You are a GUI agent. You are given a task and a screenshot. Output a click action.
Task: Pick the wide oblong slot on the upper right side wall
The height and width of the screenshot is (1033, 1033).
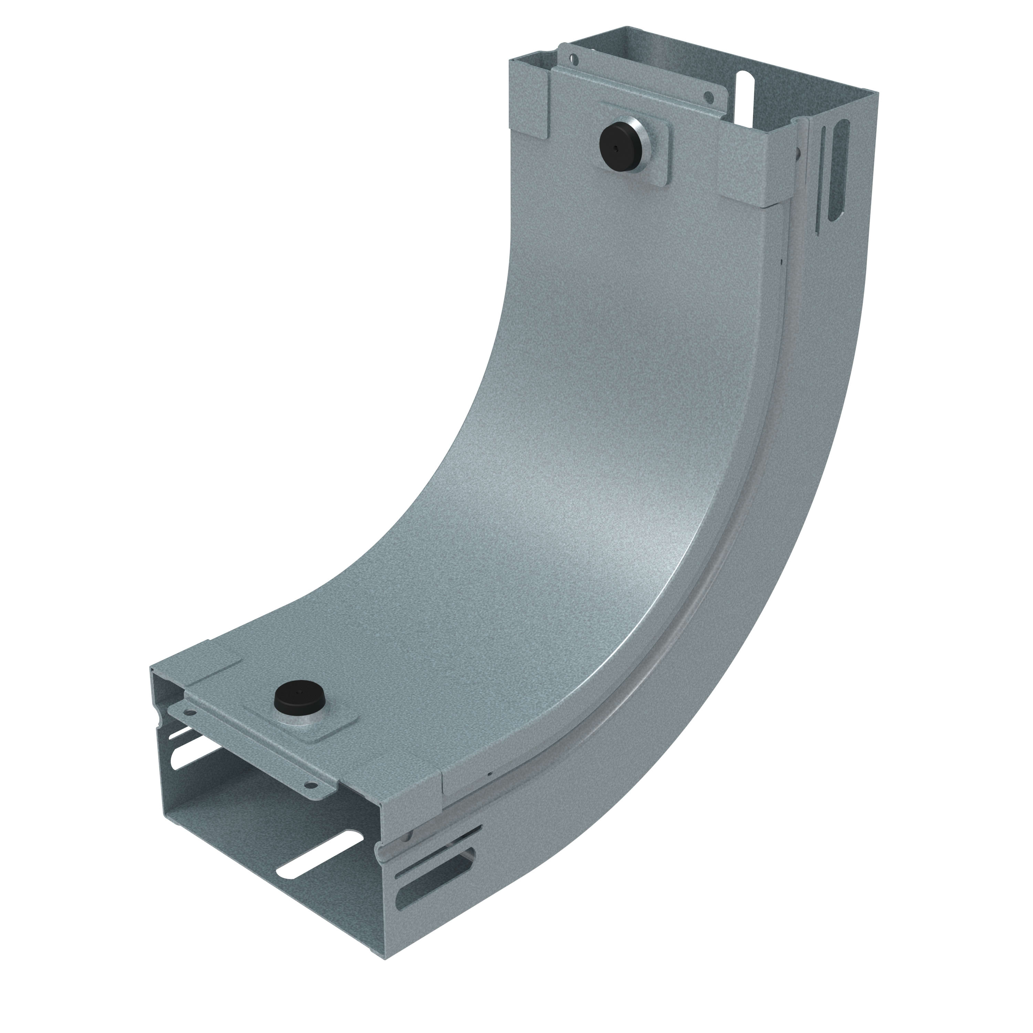click(x=839, y=171)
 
